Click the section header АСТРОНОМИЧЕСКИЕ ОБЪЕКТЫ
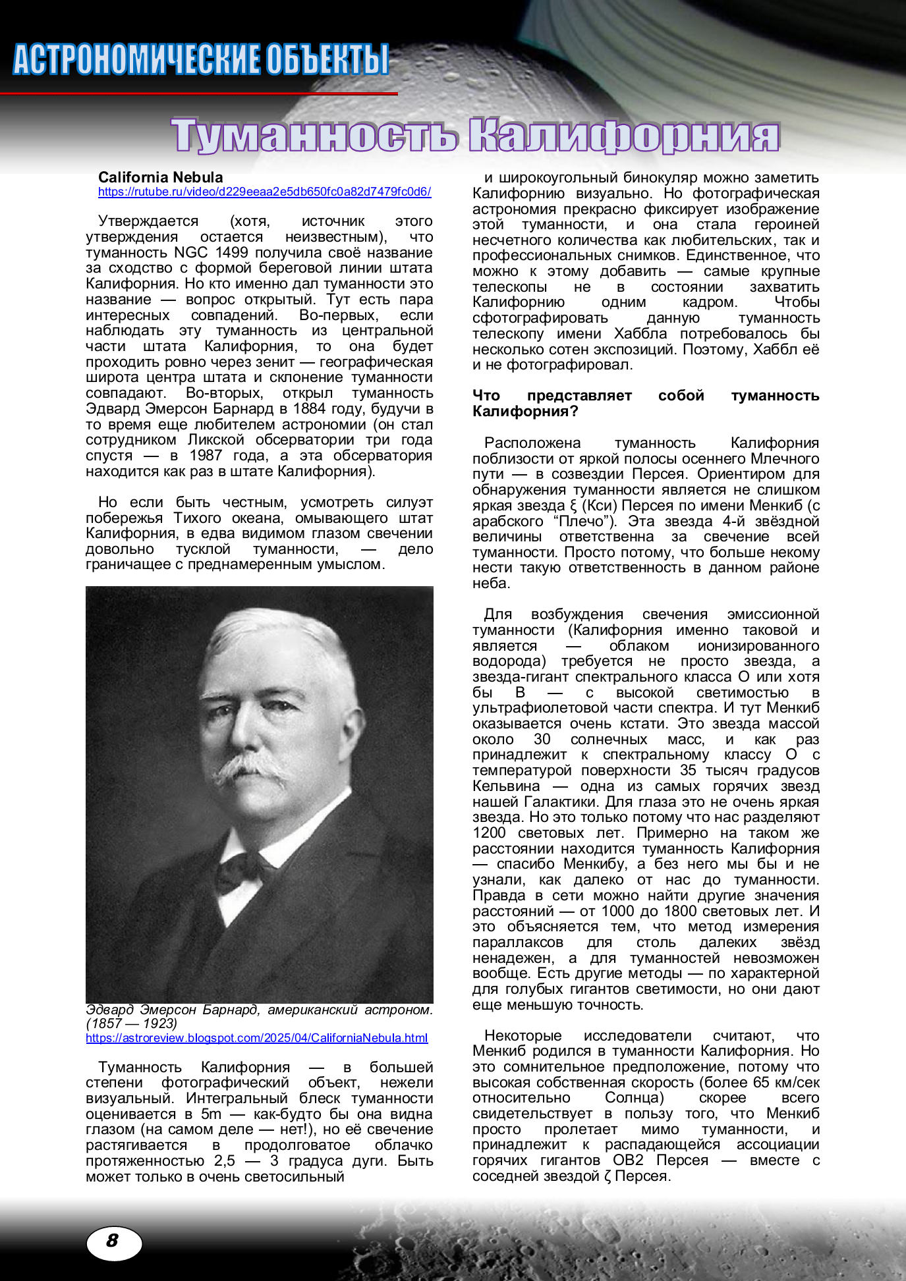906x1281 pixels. pos(200,59)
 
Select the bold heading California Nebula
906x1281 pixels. pos(160,177)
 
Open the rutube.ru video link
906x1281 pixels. pos(264,192)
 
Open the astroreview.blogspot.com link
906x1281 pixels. pos(256,1038)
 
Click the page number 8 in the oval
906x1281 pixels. pos(113,1241)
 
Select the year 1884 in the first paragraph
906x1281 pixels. pos(309,409)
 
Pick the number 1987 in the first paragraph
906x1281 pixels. pos(206,456)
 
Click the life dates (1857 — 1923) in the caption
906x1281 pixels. pos(132,1023)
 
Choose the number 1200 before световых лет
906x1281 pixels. pos(489,833)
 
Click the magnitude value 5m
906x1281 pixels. pos(211,1114)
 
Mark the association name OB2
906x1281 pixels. pos(627,1160)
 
